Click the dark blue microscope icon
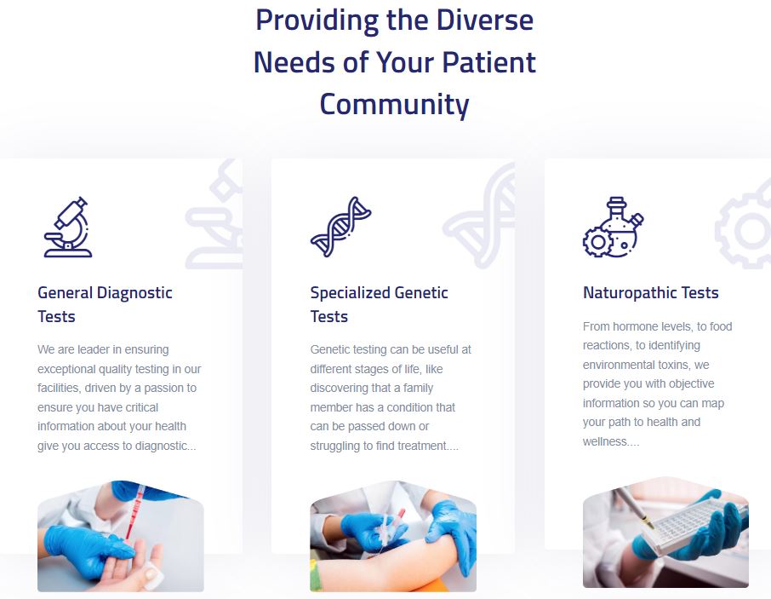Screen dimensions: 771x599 pos(68,227)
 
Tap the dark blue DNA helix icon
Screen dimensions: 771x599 pos(340,227)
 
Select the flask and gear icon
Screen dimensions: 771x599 pos(614,227)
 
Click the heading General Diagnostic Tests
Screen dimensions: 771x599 pos(105,304)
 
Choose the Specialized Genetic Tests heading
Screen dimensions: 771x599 pos(379,304)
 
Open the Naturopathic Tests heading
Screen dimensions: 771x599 pos(650,293)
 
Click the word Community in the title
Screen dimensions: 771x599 pos(394,104)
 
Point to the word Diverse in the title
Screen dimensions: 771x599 pos(485,20)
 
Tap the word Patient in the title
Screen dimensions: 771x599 pos(488,62)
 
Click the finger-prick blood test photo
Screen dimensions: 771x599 pos(121,536)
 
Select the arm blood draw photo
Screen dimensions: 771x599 pos(393,536)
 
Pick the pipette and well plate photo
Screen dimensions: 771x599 pos(665,532)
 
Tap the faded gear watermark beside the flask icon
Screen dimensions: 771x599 pos(743,229)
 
